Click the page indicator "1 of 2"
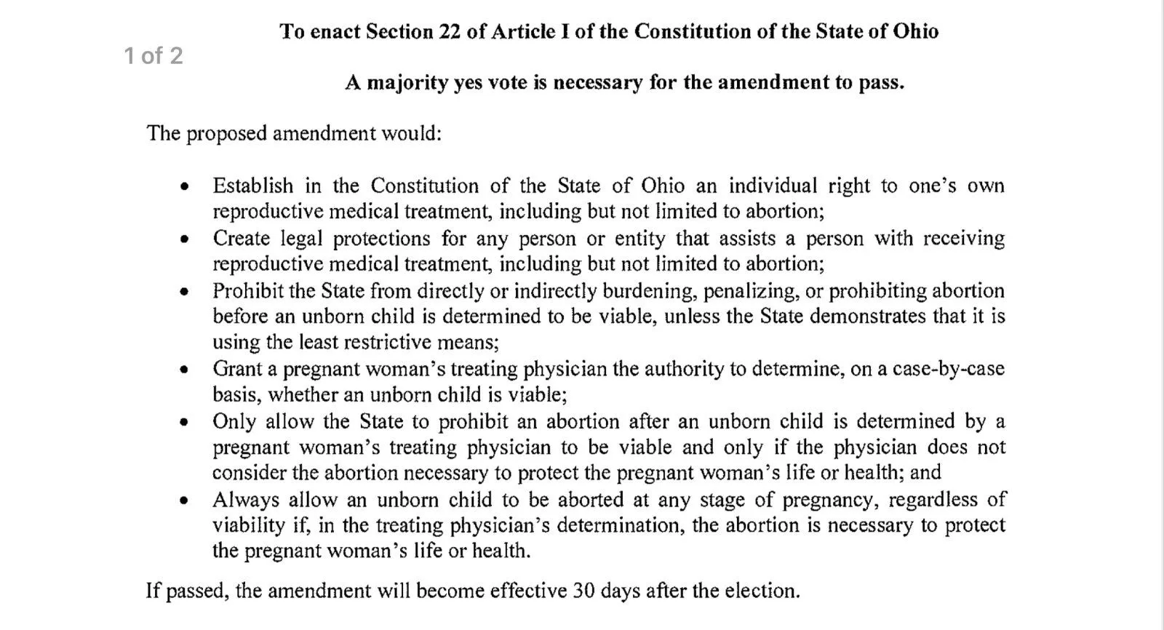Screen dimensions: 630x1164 (154, 56)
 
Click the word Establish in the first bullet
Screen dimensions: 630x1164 (253, 186)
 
